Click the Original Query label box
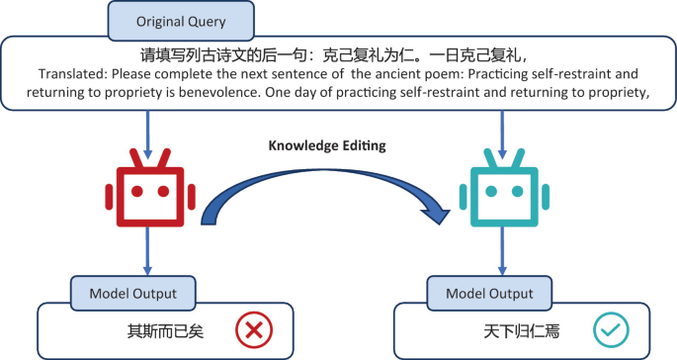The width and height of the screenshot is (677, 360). coord(181,21)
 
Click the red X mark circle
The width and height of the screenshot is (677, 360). coord(254,330)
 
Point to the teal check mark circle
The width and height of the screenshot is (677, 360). coord(611,330)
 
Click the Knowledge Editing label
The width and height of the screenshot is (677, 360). coord(327,145)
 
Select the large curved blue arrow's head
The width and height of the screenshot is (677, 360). coord(435,213)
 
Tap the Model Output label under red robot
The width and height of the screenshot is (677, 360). coord(133,294)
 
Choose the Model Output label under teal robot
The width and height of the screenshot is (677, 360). coord(489,294)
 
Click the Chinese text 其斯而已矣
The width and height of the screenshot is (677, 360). coord(165,331)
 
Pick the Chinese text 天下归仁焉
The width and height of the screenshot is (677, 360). coord(522,331)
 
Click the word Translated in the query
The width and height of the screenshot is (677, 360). coord(72,74)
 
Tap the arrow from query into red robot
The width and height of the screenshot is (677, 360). coord(147,135)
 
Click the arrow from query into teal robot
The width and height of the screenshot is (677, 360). coord(502,135)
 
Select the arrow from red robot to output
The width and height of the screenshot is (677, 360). coord(147,251)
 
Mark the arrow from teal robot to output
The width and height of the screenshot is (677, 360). coord(502,251)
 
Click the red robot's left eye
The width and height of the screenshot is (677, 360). coord(137,191)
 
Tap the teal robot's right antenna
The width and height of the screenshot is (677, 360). coord(518,158)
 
